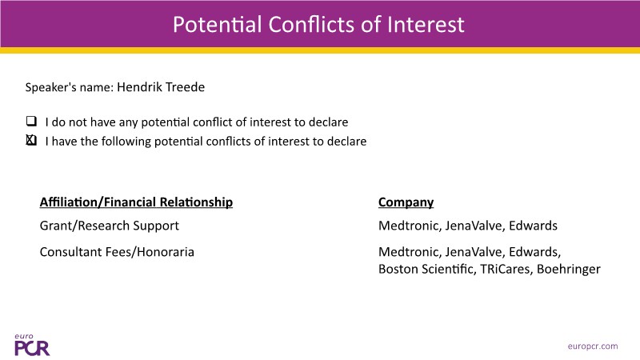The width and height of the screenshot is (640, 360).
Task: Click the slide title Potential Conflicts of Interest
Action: pos(318,25)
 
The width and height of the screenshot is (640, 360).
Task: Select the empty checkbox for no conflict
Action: pos(31,121)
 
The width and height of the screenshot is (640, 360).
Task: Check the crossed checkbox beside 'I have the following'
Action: pos(31,140)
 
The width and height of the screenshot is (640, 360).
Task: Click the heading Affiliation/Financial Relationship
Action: pos(136,202)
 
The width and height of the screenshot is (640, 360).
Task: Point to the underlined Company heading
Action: pos(406,202)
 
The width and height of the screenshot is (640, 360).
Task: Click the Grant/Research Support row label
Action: pos(110,226)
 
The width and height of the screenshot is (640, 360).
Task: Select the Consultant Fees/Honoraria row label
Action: pos(117,252)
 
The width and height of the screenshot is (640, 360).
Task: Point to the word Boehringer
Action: pos(569,270)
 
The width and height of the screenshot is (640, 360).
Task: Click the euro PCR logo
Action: pos(32,345)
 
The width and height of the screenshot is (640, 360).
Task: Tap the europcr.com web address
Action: pos(593,346)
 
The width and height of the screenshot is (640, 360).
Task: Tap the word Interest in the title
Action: pos(426,25)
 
